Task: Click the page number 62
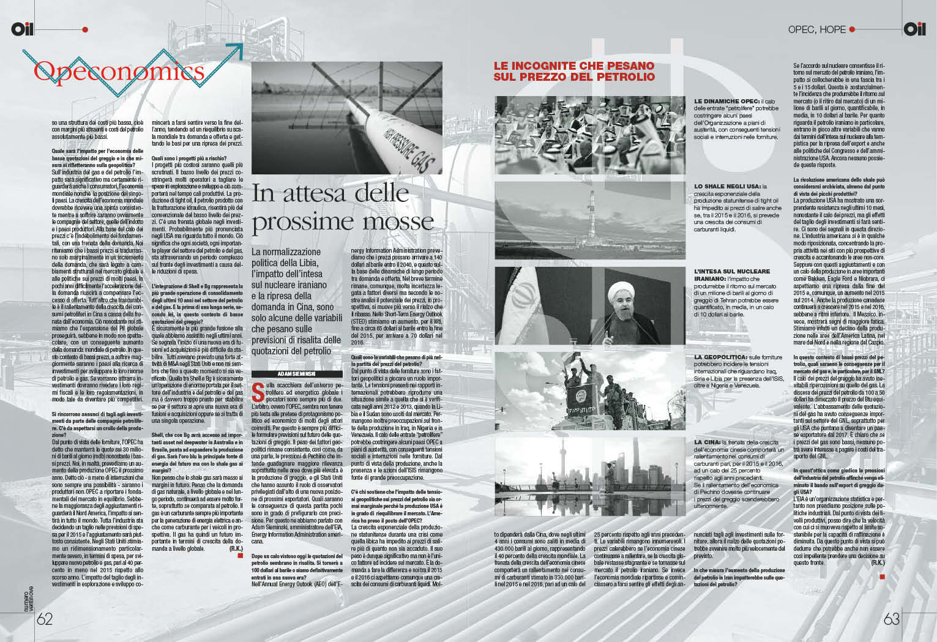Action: (45, 619)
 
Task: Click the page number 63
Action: (892, 619)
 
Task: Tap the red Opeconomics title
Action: (119, 72)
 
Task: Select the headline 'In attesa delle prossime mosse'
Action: (343, 208)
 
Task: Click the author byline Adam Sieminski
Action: (288, 373)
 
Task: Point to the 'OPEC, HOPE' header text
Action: (816, 29)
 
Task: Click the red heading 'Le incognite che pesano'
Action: (574, 71)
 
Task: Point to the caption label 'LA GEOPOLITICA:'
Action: (721, 356)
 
